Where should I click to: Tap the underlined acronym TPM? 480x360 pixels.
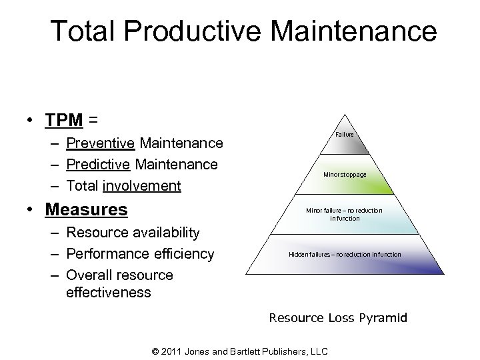pos(64,120)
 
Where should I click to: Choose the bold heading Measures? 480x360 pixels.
pos(86,210)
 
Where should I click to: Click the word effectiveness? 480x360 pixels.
pos(109,293)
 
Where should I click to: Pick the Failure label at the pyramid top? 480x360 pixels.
pos(345,135)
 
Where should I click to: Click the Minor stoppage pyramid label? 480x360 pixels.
pos(345,174)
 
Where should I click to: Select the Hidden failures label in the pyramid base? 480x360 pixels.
pos(345,254)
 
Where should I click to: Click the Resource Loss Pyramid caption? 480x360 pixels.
pos(338,318)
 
